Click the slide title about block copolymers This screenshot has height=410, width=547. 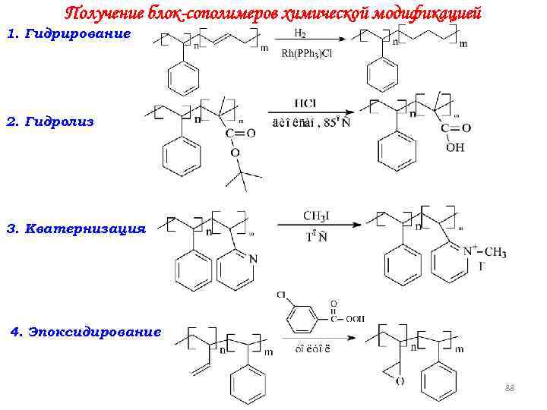[x=273, y=13]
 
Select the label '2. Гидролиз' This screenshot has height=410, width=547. [x=50, y=121]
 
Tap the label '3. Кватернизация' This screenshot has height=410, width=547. [x=75, y=227]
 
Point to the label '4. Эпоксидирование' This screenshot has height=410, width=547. [x=84, y=331]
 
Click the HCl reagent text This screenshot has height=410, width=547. [x=308, y=103]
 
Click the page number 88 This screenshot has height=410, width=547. [x=510, y=389]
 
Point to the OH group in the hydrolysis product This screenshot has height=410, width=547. [x=455, y=147]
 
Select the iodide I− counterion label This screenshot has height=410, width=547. [x=482, y=266]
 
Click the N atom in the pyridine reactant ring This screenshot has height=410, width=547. [x=252, y=259]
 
